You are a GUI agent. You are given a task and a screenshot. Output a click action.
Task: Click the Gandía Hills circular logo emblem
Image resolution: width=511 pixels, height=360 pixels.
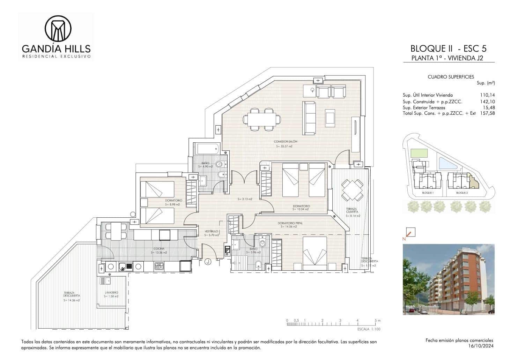58,28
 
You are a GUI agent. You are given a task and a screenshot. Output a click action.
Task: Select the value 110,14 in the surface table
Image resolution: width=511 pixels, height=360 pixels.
488,95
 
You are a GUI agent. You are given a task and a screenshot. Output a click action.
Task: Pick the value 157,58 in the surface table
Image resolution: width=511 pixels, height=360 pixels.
488,113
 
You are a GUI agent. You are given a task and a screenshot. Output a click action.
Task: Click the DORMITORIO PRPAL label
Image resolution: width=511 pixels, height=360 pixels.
290,223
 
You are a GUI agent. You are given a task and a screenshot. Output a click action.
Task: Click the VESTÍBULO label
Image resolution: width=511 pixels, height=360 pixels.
211,231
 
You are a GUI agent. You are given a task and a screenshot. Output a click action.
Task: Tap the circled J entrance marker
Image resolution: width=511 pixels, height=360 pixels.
208,261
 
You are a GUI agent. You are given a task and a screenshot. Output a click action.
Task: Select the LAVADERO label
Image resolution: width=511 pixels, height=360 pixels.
111,292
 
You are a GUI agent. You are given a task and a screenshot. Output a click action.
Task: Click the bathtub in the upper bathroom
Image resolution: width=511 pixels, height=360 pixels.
207,149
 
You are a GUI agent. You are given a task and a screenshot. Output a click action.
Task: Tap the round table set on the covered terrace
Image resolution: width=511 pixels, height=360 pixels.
352,190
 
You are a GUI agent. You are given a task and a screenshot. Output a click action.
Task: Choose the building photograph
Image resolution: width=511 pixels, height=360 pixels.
449,279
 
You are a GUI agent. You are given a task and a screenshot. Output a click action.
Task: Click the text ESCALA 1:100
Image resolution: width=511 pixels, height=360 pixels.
369,329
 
